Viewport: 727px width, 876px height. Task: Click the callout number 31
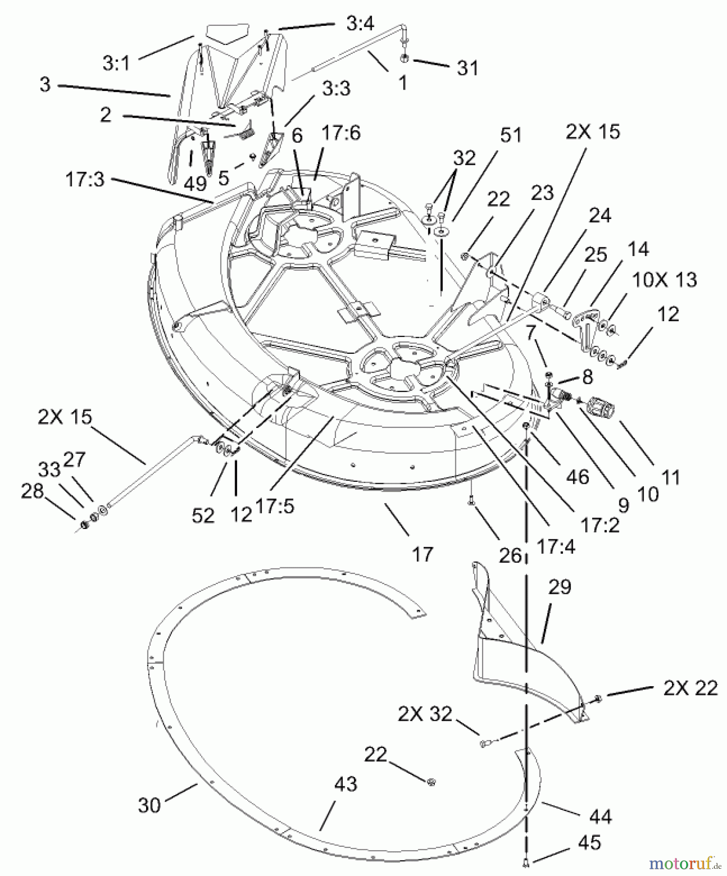click(468, 68)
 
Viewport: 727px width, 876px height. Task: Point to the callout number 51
click(510, 135)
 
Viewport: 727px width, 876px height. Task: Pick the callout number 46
click(578, 476)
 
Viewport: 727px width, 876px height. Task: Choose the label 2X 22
click(690, 688)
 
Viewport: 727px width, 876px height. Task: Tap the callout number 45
click(589, 842)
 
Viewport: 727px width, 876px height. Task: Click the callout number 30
click(149, 805)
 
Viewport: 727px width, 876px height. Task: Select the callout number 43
click(346, 784)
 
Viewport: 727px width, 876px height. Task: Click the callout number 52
click(203, 515)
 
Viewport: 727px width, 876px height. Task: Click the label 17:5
click(275, 506)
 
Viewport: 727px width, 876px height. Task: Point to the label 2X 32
click(425, 714)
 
